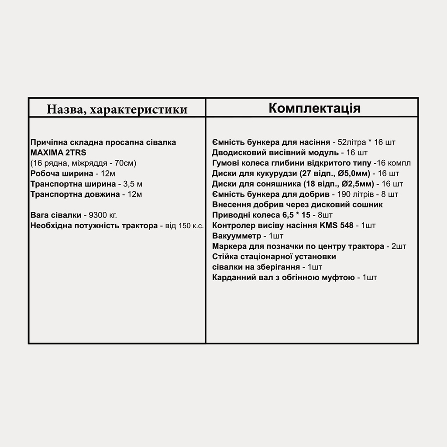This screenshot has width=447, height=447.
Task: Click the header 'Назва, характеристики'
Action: tap(117, 109)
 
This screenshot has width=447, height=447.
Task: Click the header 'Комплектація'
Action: tap(314, 108)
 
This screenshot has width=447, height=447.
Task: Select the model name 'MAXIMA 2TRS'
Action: tap(58, 153)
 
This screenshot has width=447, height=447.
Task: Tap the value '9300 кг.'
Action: tap(103, 215)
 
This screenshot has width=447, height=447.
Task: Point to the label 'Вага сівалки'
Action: tap(56, 215)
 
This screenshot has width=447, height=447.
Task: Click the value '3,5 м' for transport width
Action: tap(133, 184)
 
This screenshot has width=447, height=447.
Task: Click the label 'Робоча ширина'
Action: tap(62, 174)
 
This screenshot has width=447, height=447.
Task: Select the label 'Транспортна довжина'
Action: tap(75, 195)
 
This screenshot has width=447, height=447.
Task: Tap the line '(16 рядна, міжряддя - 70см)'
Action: tap(84, 163)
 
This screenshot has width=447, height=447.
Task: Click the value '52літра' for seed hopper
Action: tap(352, 142)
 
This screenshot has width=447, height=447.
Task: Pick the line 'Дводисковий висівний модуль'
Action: tap(275, 153)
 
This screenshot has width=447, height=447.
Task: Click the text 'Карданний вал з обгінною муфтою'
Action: tap(284, 278)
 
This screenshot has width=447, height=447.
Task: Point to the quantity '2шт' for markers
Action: tap(399, 247)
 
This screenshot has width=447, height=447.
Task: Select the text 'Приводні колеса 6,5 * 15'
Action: tap(261, 215)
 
